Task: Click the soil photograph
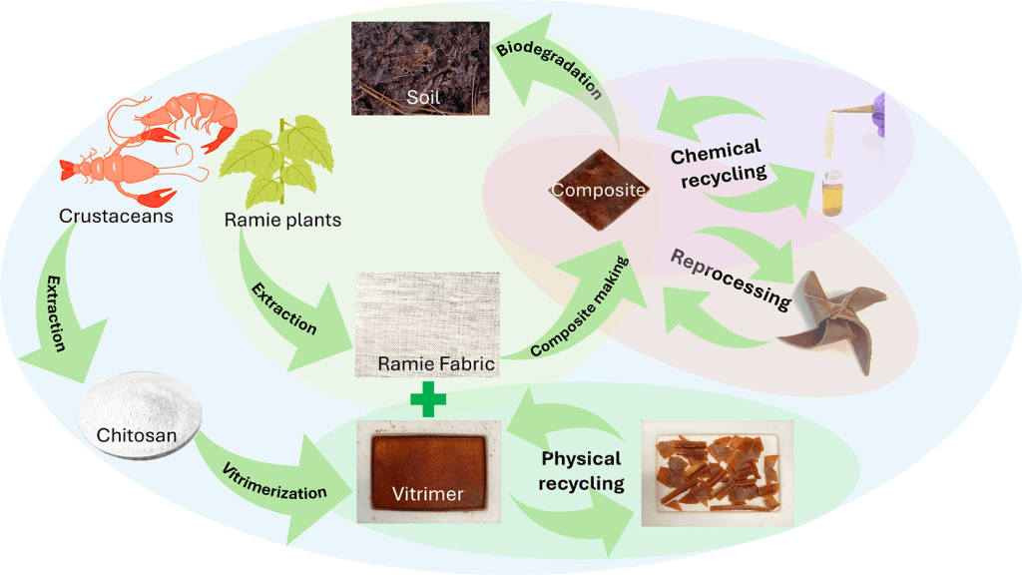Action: coord(420,67)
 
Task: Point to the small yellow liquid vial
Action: coord(831,194)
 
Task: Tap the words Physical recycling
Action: coord(580,471)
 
